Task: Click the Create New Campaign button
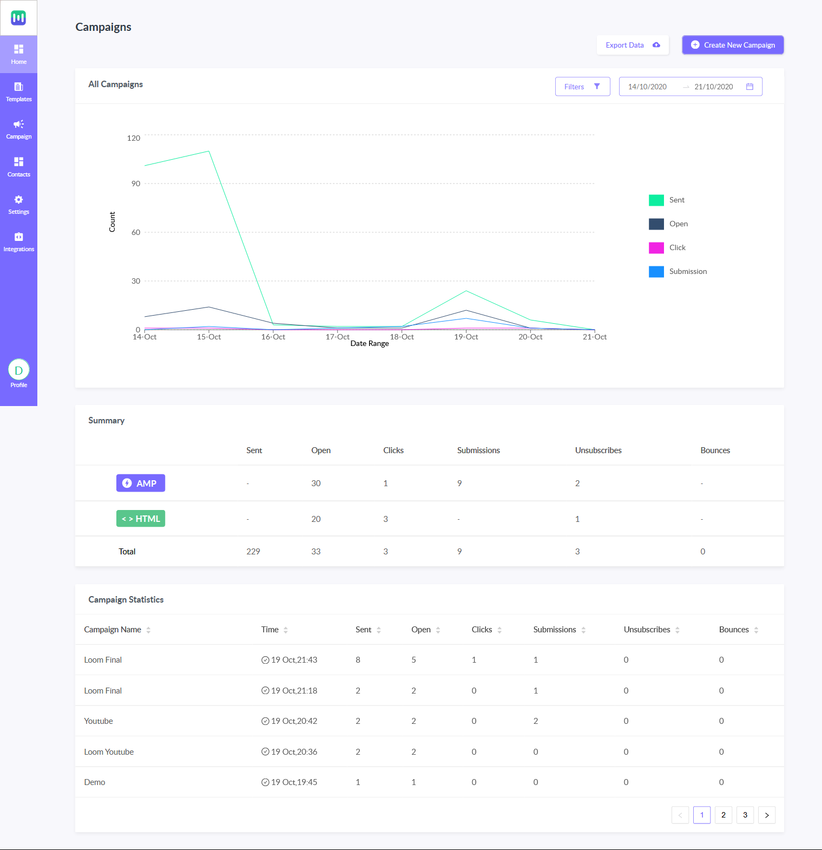pos(733,45)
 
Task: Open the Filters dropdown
pos(582,87)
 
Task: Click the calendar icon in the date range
pos(749,87)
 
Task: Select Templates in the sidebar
pos(18,91)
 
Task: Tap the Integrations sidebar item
pos(18,241)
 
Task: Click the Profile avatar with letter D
pos(18,370)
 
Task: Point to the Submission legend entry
pos(688,271)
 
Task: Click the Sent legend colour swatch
pos(656,200)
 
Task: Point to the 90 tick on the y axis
pos(136,184)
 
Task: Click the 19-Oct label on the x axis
pos(466,337)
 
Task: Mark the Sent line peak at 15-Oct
pos(209,151)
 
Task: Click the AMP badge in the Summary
pos(141,483)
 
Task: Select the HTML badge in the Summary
pos(141,519)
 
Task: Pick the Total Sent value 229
pos(253,552)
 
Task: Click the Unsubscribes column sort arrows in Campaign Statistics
pos(678,630)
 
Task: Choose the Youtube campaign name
pos(98,721)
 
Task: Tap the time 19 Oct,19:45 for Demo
pos(294,782)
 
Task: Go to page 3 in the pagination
pos(745,815)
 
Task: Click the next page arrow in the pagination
pos(767,815)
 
